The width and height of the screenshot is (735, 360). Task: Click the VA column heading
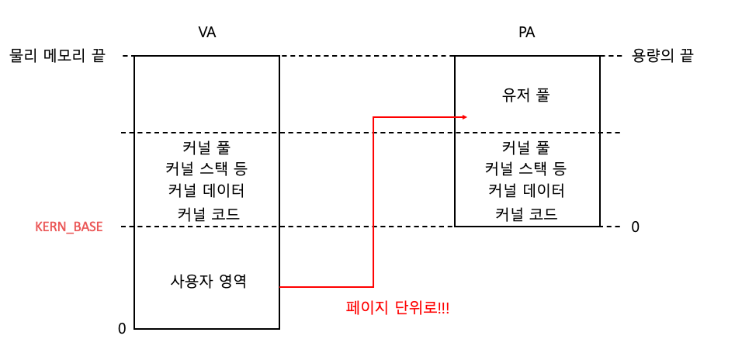(x=207, y=33)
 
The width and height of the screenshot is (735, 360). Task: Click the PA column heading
(x=527, y=33)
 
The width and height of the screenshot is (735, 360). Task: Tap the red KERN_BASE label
(x=69, y=227)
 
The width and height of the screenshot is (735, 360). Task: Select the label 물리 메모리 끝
(x=57, y=56)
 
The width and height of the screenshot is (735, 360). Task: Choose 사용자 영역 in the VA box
(x=207, y=281)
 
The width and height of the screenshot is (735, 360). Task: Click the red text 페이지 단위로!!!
(x=397, y=308)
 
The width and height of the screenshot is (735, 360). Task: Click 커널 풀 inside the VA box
(x=206, y=146)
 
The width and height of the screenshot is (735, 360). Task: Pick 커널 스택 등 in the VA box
(x=206, y=168)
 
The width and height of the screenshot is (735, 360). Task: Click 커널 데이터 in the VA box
(x=206, y=191)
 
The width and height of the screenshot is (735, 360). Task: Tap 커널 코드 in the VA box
(x=207, y=213)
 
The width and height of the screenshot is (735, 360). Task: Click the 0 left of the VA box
(x=122, y=329)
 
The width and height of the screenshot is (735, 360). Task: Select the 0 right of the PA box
(x=635, y=227)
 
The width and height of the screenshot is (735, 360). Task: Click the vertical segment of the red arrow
(x=373, y=202)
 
